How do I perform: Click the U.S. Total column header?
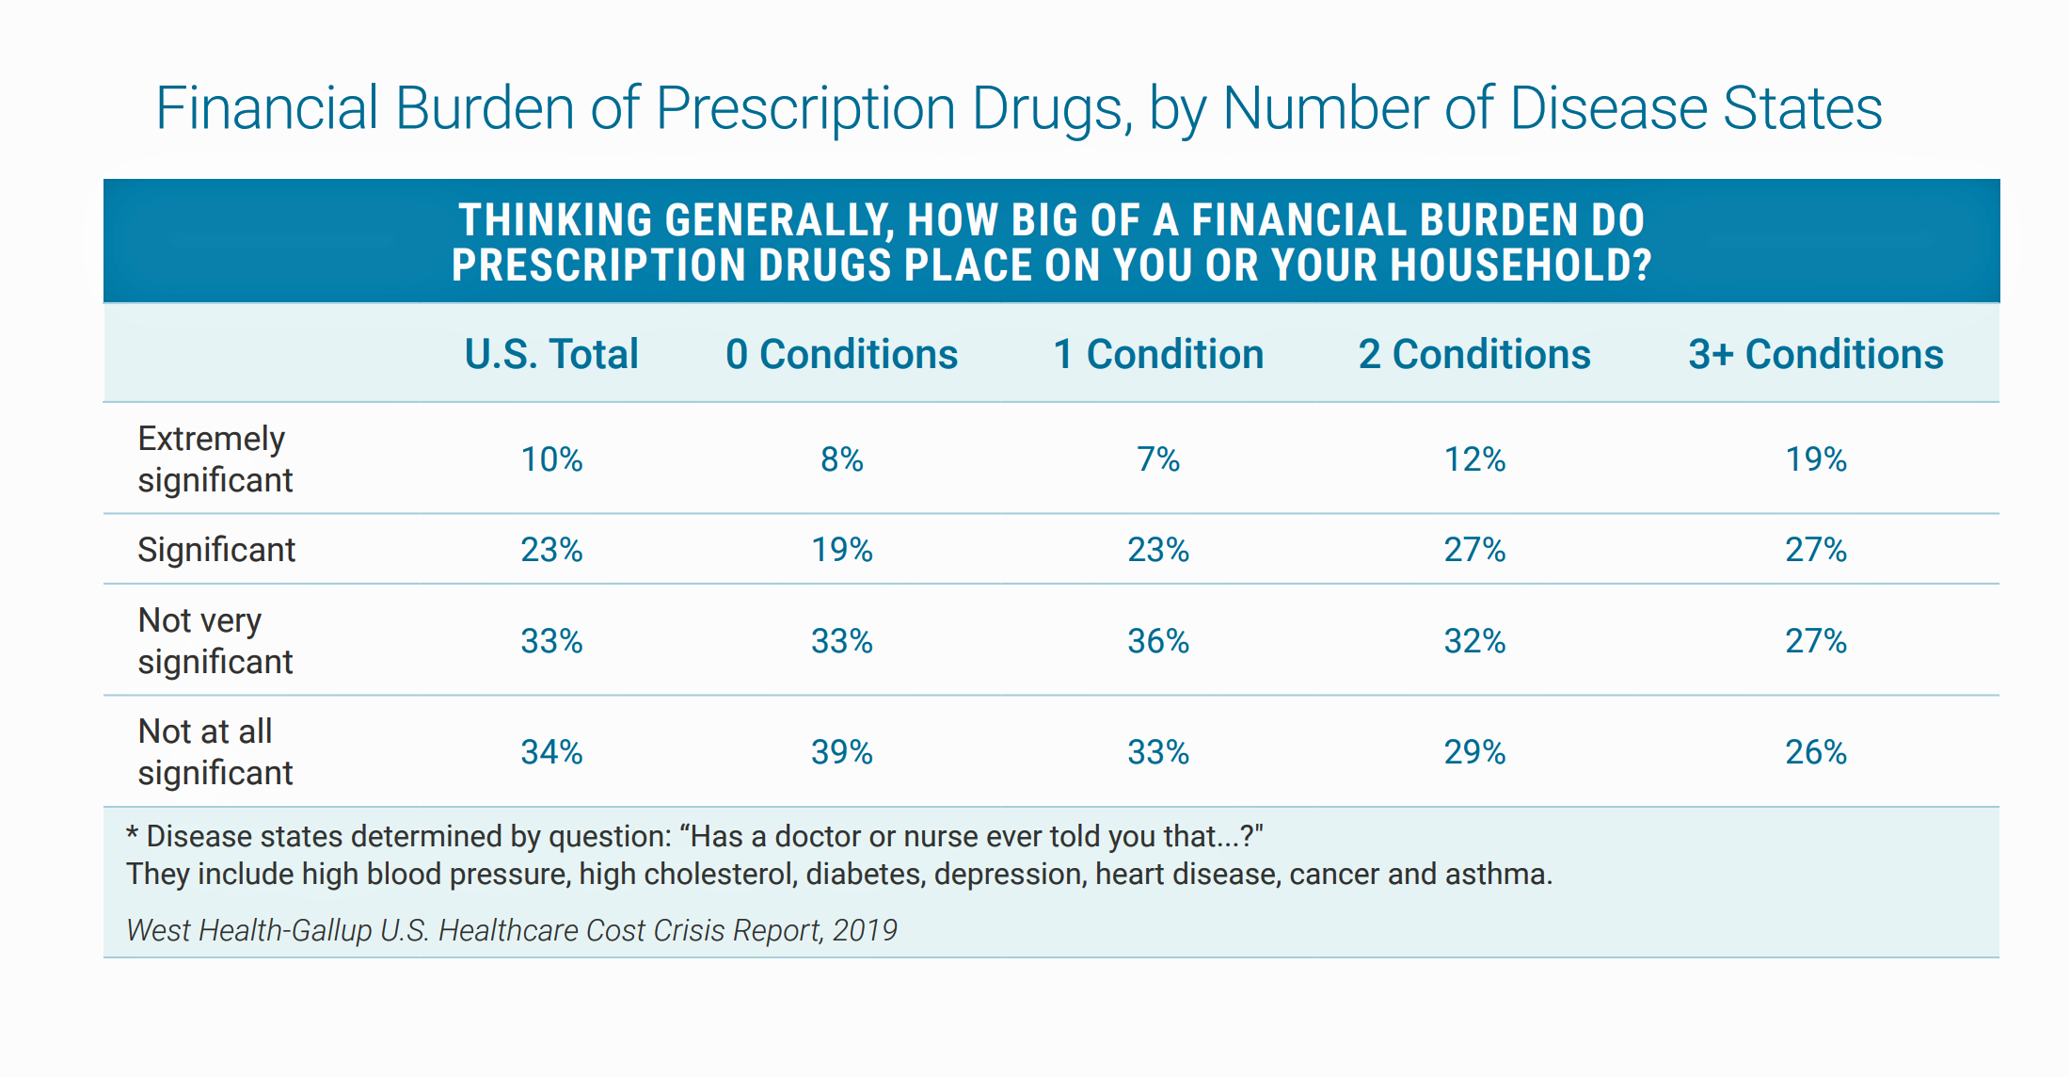point(551,355)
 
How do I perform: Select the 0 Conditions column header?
point(841,355)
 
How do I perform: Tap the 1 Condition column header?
point(1158,355)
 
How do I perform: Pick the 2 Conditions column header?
point(1474,355)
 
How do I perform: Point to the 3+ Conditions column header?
point(1816,355)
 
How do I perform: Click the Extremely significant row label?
point(215,459)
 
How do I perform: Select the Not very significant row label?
point(215,641)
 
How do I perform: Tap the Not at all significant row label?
point(215,752)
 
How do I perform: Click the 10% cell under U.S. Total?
point(552,459)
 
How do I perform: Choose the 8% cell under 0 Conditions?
point(842,459)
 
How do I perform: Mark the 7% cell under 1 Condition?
point(1158,459)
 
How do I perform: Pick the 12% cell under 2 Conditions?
point(1474,459)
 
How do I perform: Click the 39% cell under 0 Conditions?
point(842,752)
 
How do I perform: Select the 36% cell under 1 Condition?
point(1158,641)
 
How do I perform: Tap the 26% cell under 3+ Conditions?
point(1816,752)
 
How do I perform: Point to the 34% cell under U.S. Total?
point(552,752)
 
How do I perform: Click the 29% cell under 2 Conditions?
point(1474,752)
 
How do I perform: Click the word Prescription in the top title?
point(804,109)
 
